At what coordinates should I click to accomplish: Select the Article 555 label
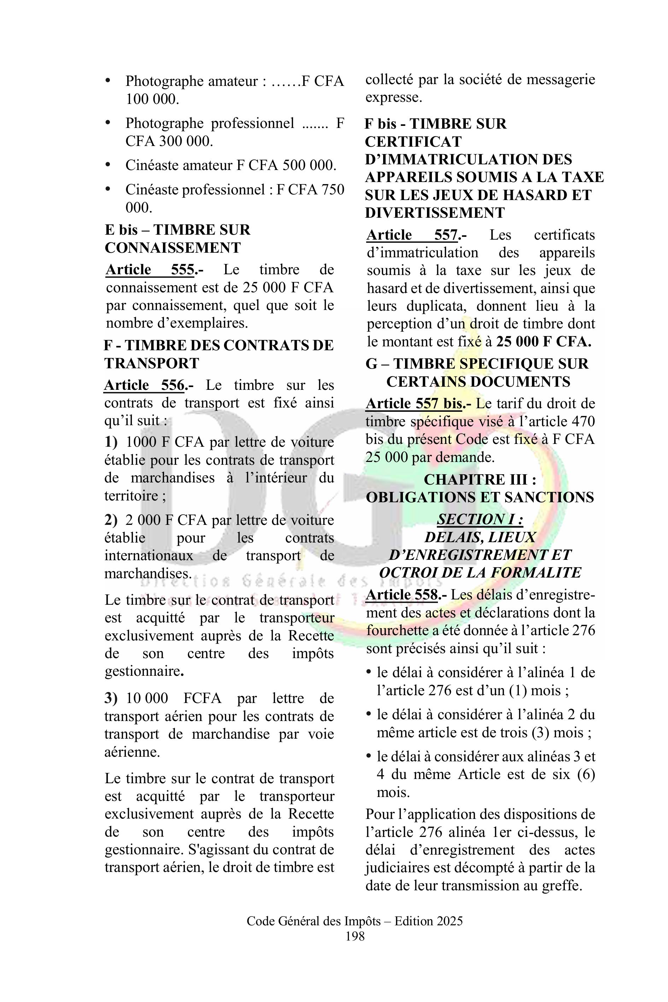[x=150, y=270]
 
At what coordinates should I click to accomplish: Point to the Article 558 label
[x=402, y=595]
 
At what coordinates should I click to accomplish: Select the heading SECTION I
[x=480, y=519]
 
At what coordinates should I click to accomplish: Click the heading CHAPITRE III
[x=480, y=479]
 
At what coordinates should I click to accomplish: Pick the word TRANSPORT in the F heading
[x=152, y=363]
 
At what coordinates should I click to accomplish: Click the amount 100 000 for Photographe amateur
[x=151, y=99]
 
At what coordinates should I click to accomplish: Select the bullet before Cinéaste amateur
[x=108, y=164]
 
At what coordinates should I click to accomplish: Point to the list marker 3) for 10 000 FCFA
[x=110, y=698]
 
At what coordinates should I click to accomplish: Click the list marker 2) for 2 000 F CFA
[x=110, y=520]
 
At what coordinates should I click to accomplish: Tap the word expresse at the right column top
[x=394, y=98]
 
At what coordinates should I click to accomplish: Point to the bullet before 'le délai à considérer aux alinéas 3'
[x=369, y=757]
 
